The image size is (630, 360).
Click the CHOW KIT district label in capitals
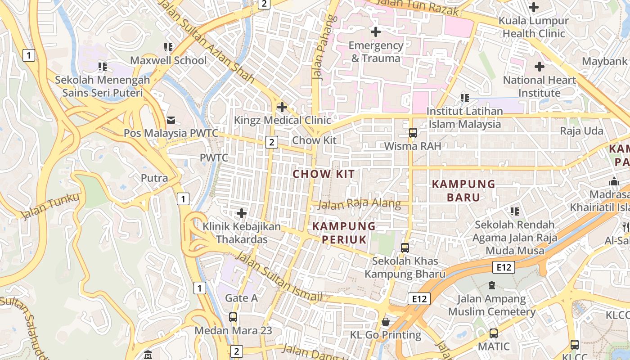[x=324, y=174]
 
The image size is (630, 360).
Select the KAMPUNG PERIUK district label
[x=344, y=233]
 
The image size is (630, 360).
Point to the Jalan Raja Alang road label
[x=359, y=204]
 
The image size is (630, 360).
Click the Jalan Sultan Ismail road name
[x=279, y=277]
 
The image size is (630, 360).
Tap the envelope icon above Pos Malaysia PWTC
[x=171, y=120]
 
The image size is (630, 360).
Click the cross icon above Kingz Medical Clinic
[x=282, y=107]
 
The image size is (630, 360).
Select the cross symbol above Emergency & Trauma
[x=375, y=32]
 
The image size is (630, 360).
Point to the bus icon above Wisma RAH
[x=413, y=133]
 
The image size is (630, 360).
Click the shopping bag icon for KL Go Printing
[x=386, y=322]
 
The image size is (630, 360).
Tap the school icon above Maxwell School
[x=168, y=47]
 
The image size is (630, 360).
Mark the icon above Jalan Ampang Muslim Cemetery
[x=492, y=285]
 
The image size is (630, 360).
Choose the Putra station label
[x=154, y=178]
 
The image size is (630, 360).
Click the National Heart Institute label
[x=539, y=86]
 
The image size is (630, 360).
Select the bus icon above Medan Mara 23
[x=233, y=317]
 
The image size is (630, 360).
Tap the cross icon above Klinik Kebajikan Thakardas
[x=242, y=213]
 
